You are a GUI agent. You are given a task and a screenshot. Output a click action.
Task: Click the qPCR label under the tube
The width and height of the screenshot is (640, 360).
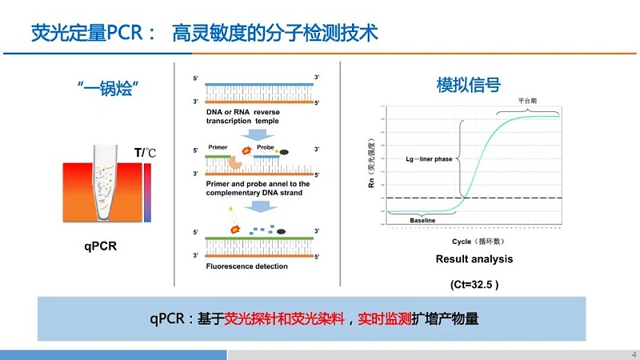(101, 246)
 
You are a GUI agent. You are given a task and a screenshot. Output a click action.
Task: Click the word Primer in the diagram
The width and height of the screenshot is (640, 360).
(218, 148)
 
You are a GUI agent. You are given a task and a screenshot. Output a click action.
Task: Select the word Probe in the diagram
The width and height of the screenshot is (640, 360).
(266, 148)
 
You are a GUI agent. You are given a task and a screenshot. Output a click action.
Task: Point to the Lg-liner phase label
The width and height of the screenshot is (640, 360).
(430, 159)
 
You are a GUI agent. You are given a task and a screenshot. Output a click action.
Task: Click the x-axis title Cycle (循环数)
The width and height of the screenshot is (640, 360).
(474, 241)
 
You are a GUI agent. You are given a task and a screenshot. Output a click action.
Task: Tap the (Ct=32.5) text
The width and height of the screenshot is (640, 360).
(474, 283)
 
